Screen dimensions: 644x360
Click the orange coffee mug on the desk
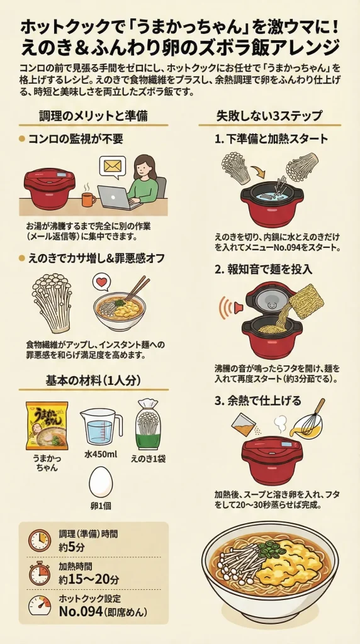pyautogui.click(x=88, y=199)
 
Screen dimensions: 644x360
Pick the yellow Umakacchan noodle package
pyautogui.click(x=47, y=425)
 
